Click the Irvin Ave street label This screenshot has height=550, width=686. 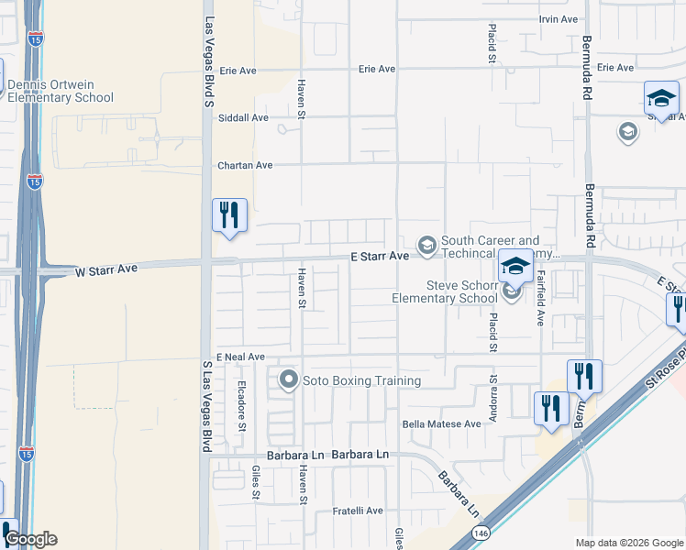(559, 19)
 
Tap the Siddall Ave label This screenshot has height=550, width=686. (243, 117)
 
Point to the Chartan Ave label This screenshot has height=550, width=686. (245, 166)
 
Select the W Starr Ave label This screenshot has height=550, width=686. (105, 269)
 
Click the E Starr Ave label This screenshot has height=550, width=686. (380, 258)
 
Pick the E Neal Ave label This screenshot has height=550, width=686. (240, 357)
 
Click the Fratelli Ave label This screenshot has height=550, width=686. (358, 511)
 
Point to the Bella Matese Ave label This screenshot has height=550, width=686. (442, 424)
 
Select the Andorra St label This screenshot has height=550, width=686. (493, 390)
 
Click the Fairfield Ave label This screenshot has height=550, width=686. (541, 298)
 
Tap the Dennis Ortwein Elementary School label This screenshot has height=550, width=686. (61, 92)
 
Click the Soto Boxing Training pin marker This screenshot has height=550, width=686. (289, 379)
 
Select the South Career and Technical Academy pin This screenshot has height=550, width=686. (426, 245)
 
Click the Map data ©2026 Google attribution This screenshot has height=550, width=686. (629, 543)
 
